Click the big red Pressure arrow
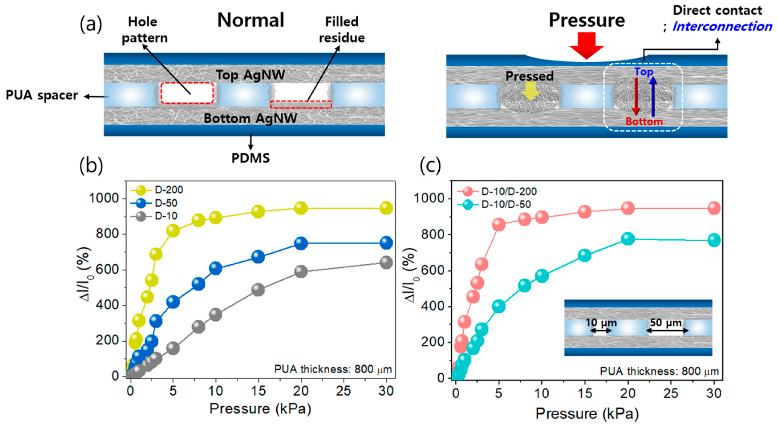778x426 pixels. coord(586,45)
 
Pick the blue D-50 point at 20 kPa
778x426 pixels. coord(301,243)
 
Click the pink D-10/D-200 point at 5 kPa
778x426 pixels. coord(499,224)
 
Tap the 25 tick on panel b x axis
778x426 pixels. coord(343,391)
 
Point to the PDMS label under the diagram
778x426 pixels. coord(250,158)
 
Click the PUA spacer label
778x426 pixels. coord(42,96)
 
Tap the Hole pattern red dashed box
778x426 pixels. coord(187,93)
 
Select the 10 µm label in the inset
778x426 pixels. coord(601,323)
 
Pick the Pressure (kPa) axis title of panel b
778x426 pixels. coord(260,409)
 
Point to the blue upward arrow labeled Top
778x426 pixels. coord(653,97)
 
